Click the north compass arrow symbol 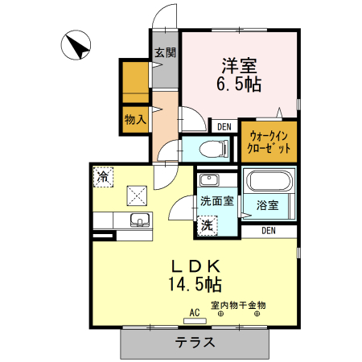coord(77,45)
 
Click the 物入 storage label coord(135,120)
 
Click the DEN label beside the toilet coord(223,125)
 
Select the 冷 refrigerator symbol coord(104,175)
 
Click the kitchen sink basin coord(140,220)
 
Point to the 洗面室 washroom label coord(216,201)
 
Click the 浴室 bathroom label coord(268,205)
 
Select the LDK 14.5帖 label coord(195,274)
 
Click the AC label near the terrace coord(194,312)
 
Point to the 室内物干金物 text coord(238,305)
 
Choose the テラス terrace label coord(195,342)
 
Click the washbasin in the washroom coord(208,179)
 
